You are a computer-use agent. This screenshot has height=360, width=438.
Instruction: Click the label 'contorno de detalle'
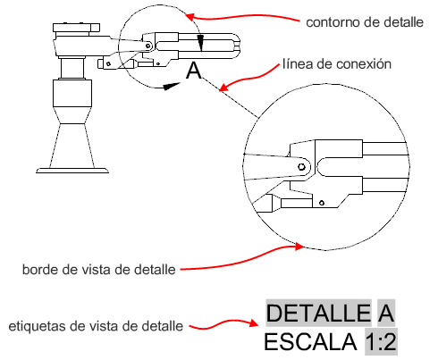point(365,22)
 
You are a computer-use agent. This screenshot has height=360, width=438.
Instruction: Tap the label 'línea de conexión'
point(337,64)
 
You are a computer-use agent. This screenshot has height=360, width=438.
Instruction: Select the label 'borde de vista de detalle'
point(99,270)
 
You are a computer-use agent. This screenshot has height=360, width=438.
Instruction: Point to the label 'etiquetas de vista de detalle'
point(96,326)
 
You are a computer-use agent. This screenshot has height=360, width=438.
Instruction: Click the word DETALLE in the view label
point(319,313)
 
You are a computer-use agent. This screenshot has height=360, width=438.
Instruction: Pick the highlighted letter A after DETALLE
point(386,313)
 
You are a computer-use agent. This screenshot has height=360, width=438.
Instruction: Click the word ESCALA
point(311,342)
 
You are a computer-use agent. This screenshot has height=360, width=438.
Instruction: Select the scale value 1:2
point(381,342)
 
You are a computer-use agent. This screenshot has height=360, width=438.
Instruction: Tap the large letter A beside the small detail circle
point(194,71)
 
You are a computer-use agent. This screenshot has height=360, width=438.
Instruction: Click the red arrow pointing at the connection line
point(249,78)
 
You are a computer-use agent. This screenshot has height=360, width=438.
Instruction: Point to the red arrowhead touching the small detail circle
point(190,16)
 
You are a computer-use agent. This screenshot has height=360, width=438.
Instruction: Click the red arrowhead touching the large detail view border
point(299,247)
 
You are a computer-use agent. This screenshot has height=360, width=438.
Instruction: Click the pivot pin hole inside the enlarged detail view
point(301,166)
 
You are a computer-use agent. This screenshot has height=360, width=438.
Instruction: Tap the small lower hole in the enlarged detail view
point(322,203)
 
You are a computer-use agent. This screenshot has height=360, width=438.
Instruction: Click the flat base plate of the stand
point(72,171)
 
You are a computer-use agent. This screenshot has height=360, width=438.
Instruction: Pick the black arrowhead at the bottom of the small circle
point(172,86)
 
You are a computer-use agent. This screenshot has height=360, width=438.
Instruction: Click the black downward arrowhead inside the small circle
point(201,43)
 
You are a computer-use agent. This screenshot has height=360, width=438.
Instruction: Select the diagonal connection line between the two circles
point(230,97)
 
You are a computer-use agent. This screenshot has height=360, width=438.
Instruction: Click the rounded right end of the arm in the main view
point(237,46)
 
